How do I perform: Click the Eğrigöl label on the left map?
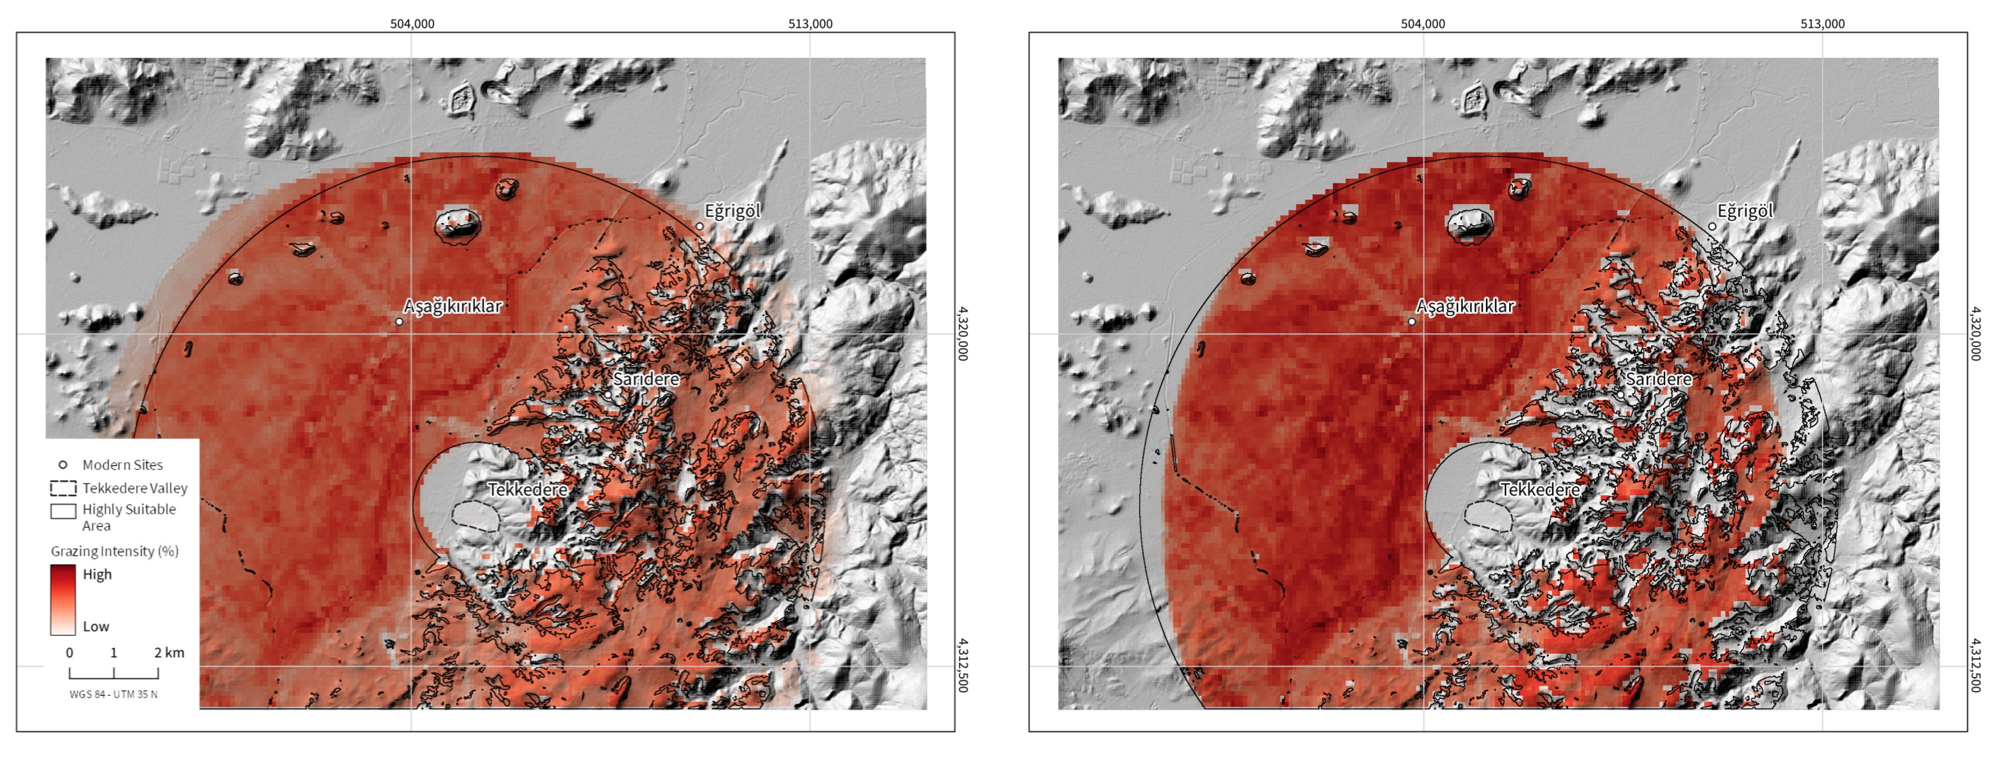pyautogui.click(x=732, y=211)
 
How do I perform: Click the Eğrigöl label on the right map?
pyautogui.click(x=1744, y=211)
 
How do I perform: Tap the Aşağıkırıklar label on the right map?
pyautogui.click(x=1465, y=306)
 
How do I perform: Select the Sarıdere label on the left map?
pyautogui.click(x=646, y=379)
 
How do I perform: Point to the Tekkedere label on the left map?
pyautogui.click(x=527, y=489)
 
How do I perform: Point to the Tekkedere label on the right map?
pyautogui.click(x=1540, y=489)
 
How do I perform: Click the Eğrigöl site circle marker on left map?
pyautogui.click(x=699, y=226)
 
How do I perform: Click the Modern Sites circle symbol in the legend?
pyautogui.click(x=63, y=464)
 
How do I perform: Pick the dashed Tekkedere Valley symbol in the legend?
pyautogui.click(x=63, y=488)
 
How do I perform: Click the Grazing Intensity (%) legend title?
pyautogui.click(x=114, y=551)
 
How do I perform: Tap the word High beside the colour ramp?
pyautogui.click(x=97, y=574)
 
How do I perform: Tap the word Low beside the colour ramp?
pyautogui.click(x=96, y=626)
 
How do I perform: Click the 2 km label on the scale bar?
pyautogui.click(x=169, y=652)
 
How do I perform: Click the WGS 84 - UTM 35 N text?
pyautogui.click(x=113, y=694)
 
